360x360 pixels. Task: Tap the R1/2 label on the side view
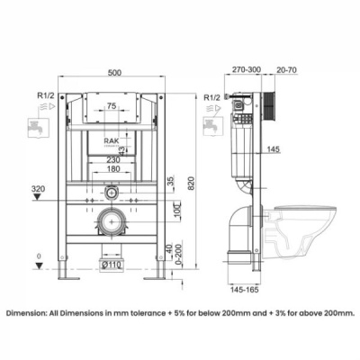coord(215,96)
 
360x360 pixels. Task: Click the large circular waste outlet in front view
coord(112,220)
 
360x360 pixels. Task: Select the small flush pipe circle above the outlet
coord(111,192)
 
